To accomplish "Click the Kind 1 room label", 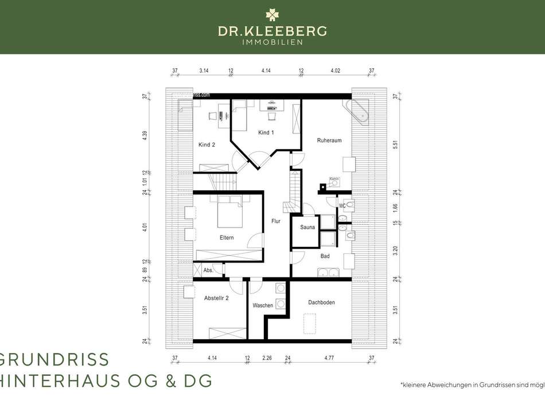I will tap(266, 133).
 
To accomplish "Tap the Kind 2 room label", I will tap(207, 145).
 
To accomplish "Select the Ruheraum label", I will tap(329, 140).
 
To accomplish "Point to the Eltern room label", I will tap(226, 238).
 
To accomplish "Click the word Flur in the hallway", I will tap(276, 221).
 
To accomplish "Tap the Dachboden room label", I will tap(321, 302).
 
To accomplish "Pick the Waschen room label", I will tap(263, 305).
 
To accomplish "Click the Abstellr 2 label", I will tap(216, 298).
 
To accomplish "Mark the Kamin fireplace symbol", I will tap(334, 184).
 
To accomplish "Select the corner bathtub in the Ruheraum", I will tap(357, 111).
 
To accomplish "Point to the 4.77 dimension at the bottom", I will tap(329, 358).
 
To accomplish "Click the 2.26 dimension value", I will tap(267, 358).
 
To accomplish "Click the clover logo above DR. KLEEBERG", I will tap(272, 14).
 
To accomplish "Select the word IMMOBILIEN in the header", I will tap(272, 41).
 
